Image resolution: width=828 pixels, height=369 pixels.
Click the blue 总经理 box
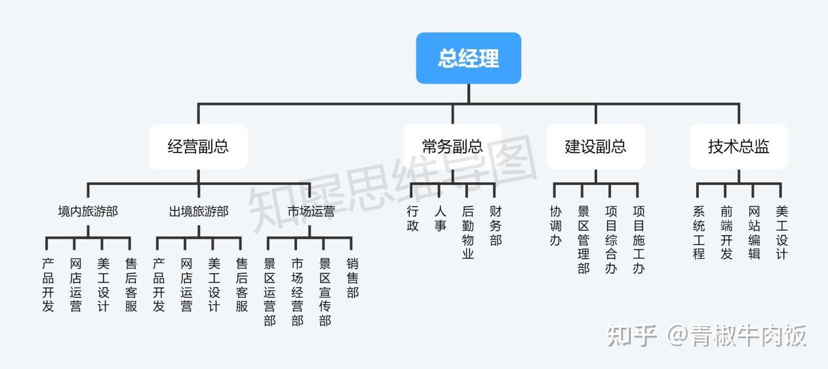pyautogui.click(x=468, y=58)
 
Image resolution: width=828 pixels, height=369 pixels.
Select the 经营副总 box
pyautogui.click(x=198, y=146)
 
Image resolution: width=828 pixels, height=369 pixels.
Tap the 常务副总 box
pyautogui.click(x=452, y=146)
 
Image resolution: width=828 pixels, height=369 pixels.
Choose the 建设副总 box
pyautogui.click(x=595, y=146)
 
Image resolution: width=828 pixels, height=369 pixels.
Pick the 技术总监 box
pyautogui.click(x=738, y=146)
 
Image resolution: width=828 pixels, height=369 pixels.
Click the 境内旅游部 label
pyautogui.click(x=88, y=212)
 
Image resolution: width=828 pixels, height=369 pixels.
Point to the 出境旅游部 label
pyautogui.click(x=199, y=212)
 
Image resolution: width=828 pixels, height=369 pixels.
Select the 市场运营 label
pyautogui.click(x=311, y=212)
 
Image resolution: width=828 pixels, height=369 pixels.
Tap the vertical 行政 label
pyautogui.click(x=412, y=219)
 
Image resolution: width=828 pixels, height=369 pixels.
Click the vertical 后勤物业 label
pyautogui.click(x=467, y=233)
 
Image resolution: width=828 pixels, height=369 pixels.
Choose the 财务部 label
pyautogui.click(x=496, y=226)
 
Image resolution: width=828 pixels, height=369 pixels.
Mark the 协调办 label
pyautogui.click(x=556, y=226)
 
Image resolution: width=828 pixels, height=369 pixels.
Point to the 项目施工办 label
pyautogui.click(x=639, y=240)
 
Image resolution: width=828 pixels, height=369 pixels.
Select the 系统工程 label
pyautogui.click(x=698, y=233)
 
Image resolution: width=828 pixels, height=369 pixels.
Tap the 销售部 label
pyautogui.click(x=353, y=278)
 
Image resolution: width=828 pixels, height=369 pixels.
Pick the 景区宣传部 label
pyautogui.click(x=325, y=292)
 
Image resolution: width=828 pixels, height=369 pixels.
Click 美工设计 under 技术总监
pyautogui.click(x=781, y=233)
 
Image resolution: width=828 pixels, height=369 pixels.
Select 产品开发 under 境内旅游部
pyautogui.click(x=48, y=285)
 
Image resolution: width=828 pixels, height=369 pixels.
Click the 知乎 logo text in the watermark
pyautogui.click(x=632, y=336)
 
